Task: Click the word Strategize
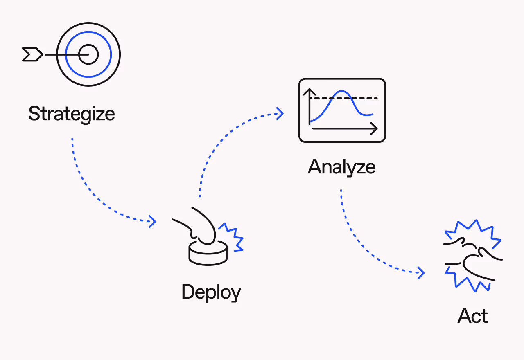[x=71, y=114]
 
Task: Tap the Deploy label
[x=211, y=292]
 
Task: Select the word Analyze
[x=341, y=167]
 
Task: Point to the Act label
[x=473, y=316]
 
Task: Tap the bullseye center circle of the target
[x=88, y=54]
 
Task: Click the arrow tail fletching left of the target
[x=32, y=54]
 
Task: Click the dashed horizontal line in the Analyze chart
[x=368, y=99]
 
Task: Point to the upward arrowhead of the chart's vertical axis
[x=309, y=91]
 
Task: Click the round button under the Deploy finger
[x=208, y=253]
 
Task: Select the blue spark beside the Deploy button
[x=232, y=237]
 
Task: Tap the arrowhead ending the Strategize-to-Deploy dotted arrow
[x=153, y=221]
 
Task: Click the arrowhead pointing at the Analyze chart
[x=280, y=113]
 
